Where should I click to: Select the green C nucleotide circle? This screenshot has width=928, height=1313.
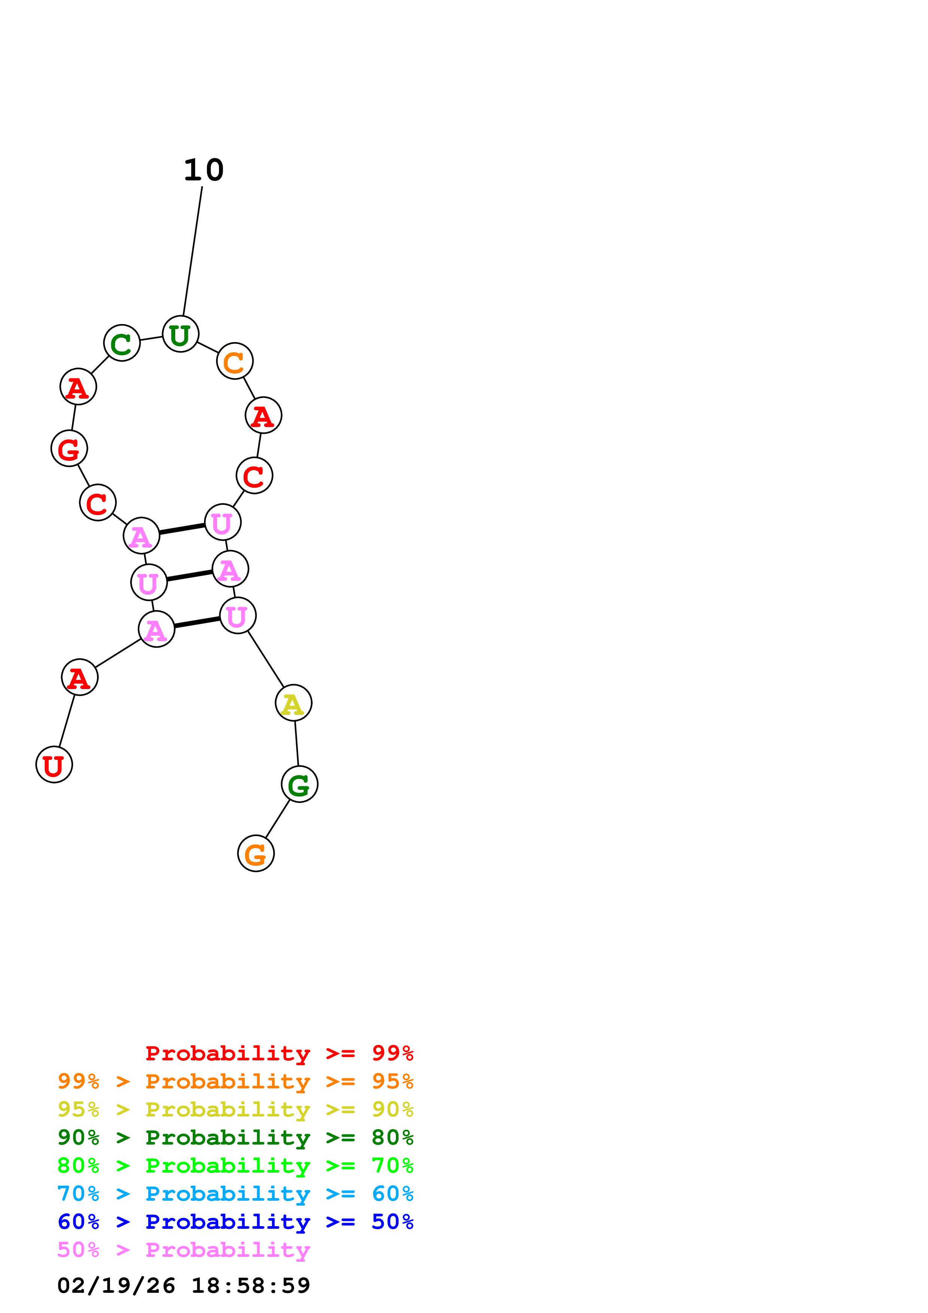pos(122,343)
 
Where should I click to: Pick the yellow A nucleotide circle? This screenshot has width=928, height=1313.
pos(293,703)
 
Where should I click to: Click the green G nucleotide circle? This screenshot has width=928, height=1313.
pos(299,784)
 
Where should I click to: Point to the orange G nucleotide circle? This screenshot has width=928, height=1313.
pos(256,853)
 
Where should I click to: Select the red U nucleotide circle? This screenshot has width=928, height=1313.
pos(54,765)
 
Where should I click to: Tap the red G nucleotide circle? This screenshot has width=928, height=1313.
pos(69,448)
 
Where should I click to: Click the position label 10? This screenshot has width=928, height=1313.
pos(204,170)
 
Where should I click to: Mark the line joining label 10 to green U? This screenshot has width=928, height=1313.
pos(192,252)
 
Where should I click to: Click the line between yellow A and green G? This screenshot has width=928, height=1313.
pos(296,743)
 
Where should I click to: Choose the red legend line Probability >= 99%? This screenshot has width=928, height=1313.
pos(279,1053)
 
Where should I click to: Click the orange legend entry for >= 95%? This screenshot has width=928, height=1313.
pos(235,1081)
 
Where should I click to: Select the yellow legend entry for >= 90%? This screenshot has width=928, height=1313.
pos(235,1109)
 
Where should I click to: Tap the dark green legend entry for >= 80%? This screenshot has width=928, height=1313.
pos(235,1137)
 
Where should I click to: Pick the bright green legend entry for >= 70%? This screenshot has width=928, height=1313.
pos(235,1166)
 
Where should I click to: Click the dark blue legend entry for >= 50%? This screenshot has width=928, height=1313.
pos(235,1222)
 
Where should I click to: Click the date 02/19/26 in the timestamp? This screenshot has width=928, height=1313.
pos(116,1286)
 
